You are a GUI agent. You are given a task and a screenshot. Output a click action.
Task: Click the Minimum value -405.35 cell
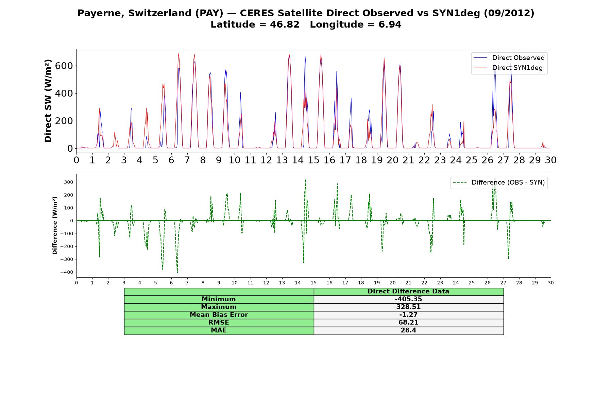408,299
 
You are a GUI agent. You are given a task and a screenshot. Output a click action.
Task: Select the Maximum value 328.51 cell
408,307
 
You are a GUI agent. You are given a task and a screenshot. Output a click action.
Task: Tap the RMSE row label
219,323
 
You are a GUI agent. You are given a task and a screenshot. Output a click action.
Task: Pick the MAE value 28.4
408,330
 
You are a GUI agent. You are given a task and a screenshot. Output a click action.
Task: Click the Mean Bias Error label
219,315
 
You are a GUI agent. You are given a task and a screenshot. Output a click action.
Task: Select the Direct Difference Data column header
408,291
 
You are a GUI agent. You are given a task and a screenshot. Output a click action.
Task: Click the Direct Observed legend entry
509,58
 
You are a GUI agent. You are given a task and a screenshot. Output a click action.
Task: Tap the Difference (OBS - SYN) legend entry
499,183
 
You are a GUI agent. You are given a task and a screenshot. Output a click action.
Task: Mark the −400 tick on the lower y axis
67,272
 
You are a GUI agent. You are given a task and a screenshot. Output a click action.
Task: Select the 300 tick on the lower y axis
69,182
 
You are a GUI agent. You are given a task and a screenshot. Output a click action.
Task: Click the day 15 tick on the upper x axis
313,160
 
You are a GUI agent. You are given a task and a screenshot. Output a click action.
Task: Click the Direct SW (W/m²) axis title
48,101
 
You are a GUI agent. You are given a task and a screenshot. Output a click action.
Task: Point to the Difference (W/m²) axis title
55,225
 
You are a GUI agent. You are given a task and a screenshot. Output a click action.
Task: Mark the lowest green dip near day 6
177,272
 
